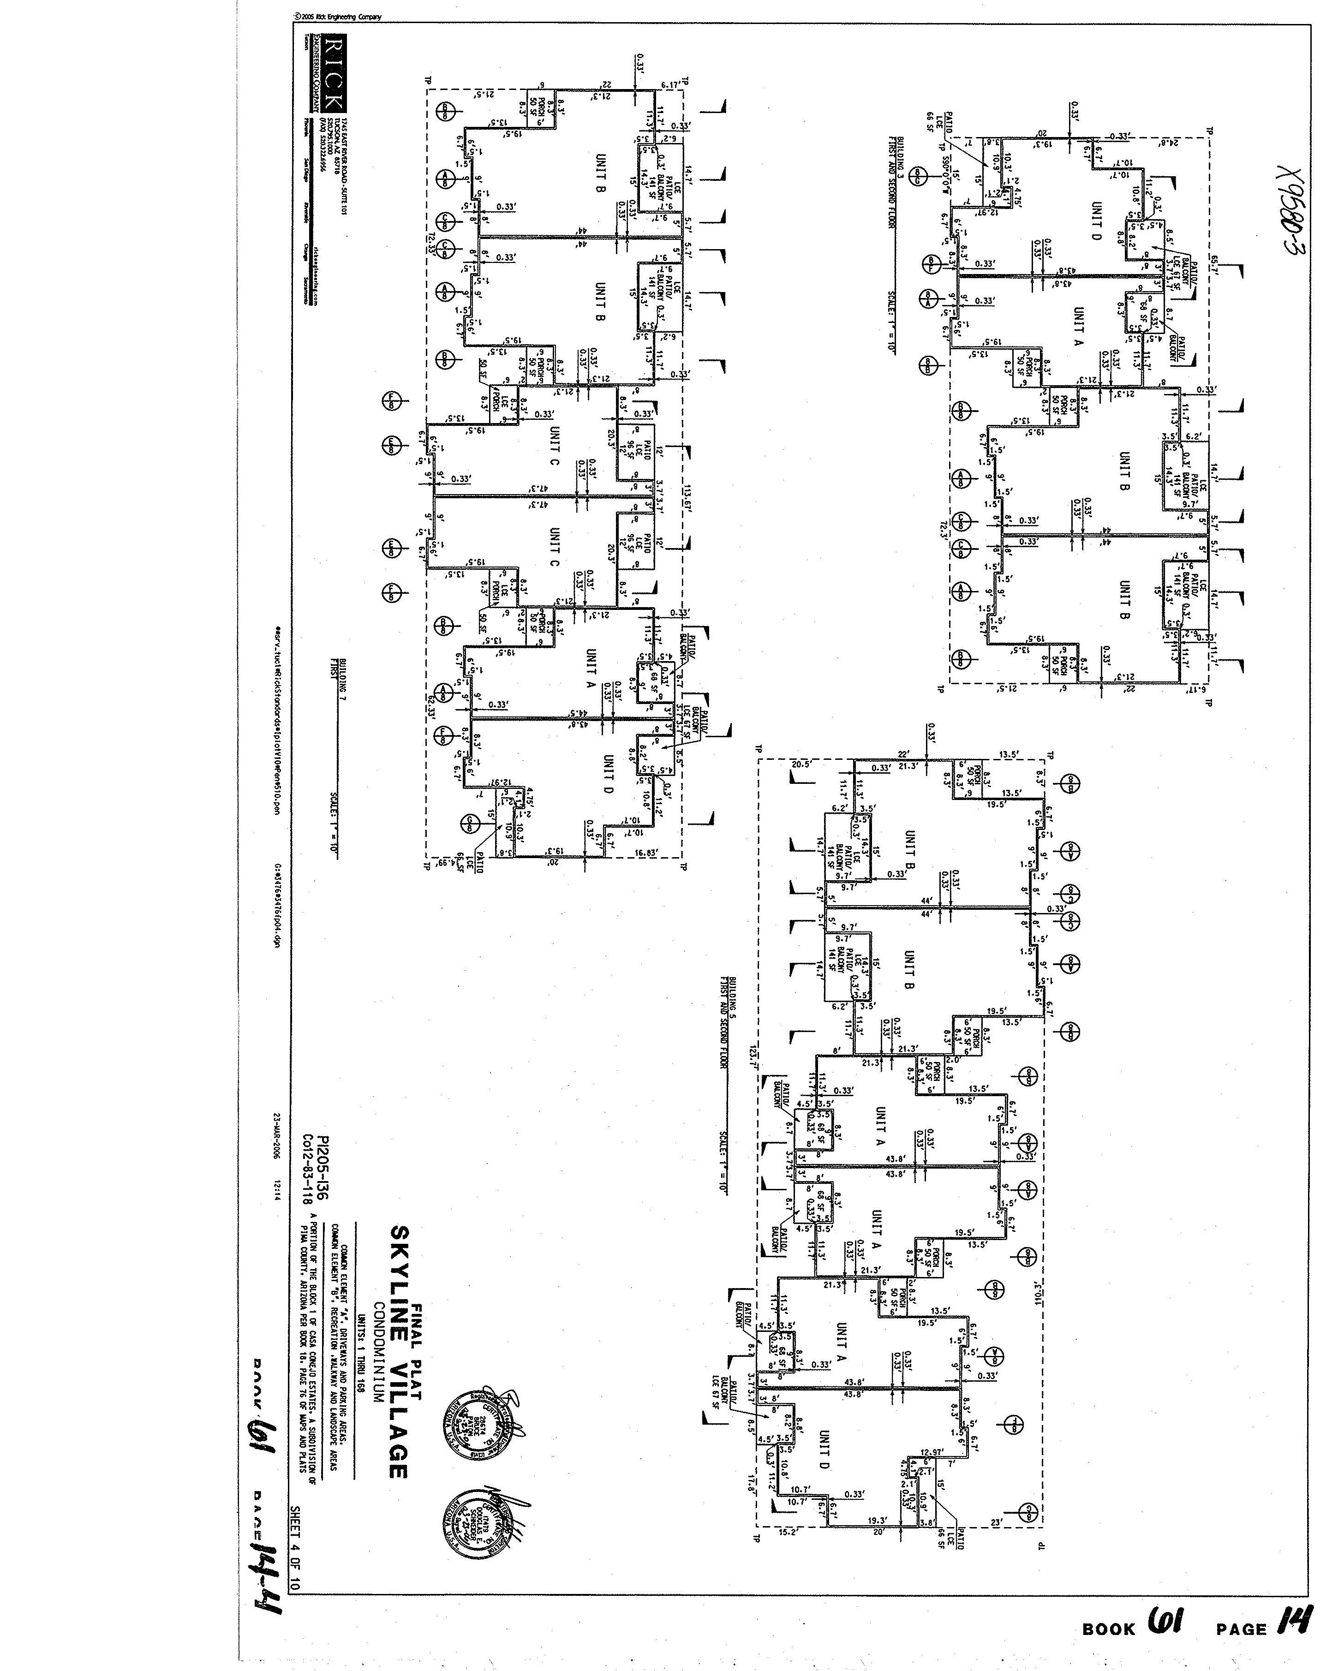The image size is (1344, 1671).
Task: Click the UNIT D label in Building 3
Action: pyautogui.click(x=1096, y=221)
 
